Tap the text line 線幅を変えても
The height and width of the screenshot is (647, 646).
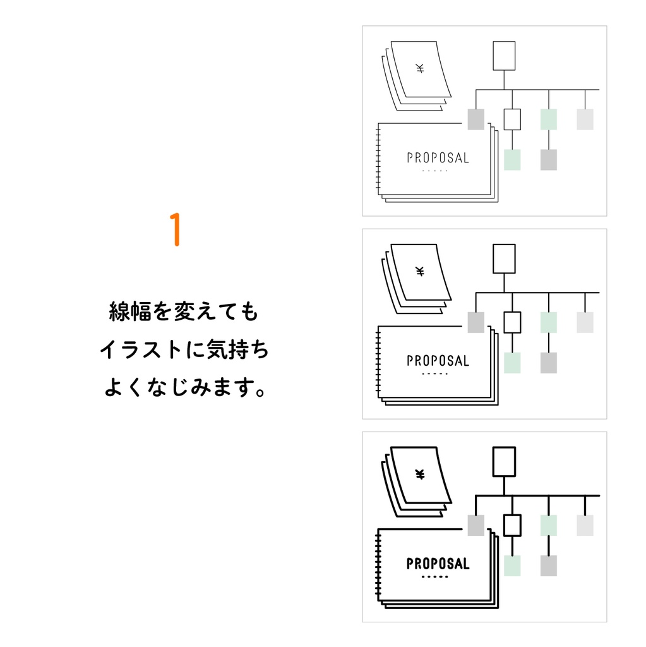[184, 312]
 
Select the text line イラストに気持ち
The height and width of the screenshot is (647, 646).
[184, 350]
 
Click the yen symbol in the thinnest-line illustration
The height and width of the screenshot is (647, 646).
[420, 69]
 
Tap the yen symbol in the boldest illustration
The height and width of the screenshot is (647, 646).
[420, 475]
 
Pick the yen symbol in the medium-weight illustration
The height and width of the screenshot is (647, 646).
[420, 272]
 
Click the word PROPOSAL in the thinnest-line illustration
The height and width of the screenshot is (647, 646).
[438, 158]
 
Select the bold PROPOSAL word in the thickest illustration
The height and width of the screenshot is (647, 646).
[438, 564]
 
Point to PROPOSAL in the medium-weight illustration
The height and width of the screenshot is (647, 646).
[438, 361]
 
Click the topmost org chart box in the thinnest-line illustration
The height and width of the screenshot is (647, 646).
[504, 56]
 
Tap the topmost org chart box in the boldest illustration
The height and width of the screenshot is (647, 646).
[504, 461]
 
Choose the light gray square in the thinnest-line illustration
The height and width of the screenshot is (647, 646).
[585, 119]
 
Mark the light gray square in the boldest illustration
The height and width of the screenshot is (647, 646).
[585, 525]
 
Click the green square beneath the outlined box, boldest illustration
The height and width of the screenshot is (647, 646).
[512, 565]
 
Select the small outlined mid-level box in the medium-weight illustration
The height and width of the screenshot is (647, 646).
[512, 322]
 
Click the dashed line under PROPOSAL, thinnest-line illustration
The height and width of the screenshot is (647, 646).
[434, 171]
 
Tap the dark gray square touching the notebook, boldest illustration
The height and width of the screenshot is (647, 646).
[476, 525]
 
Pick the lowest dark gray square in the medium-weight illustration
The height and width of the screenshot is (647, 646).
[549, 363]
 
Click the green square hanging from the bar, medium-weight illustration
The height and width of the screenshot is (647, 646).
[549, 322]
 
